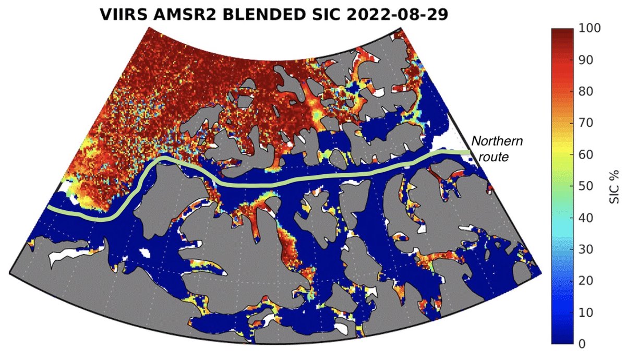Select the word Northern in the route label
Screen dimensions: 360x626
[497, 141]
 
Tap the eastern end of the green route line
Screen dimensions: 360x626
[468, 152]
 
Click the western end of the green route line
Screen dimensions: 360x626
[49, 208]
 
